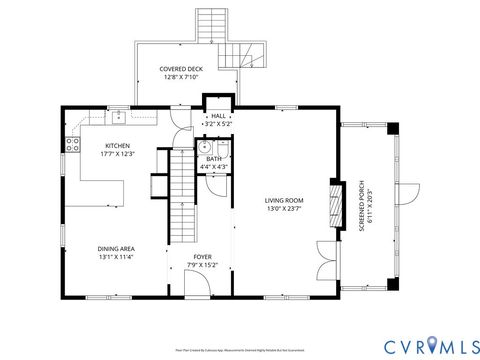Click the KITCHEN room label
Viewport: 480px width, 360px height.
pyautogui.click(x=117, y=145)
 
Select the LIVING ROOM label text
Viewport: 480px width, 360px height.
pyautogui.click(x=284, y=200)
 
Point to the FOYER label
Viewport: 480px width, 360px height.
pyautogui.click(x=203, y=257)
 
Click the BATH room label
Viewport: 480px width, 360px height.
pyautogui.click(x=214, y=158)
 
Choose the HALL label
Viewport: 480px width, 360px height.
pyautogui.click(x=218, y=116)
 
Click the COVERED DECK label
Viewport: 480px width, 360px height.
pyautogui.click(x=181, y=68)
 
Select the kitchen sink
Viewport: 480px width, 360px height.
pyautogui.click(x=118, y=117)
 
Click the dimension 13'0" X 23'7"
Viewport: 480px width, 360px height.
pyautogui.click(x=284, y=209)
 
